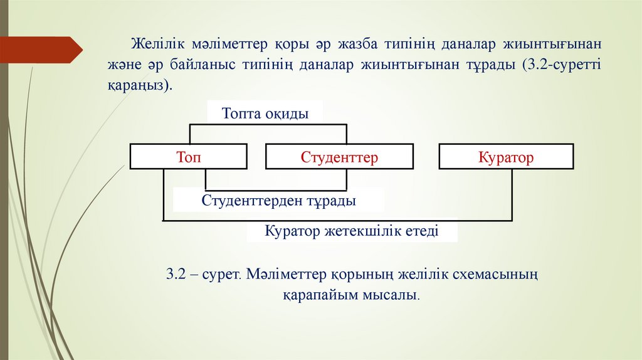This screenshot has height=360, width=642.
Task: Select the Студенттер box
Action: coord(339,157)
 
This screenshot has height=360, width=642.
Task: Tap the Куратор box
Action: coord(506,157)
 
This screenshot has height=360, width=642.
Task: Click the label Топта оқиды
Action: coord(265,114)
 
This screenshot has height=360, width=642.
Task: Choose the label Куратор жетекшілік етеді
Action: coord(351,231)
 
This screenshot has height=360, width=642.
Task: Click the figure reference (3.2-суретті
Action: coord(560,66)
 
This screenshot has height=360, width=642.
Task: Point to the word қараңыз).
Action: coord(138,85)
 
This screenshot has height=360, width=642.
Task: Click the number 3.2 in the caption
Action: coord(176,274)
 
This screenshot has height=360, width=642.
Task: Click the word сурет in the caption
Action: coord(221,274)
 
